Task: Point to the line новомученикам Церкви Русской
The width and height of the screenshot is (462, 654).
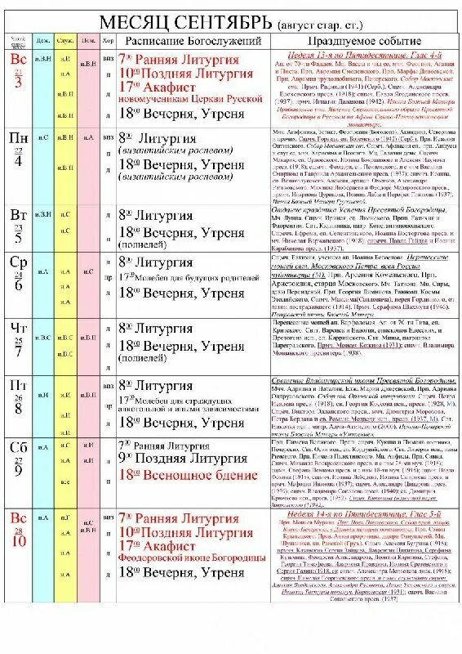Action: pos(190,99)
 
